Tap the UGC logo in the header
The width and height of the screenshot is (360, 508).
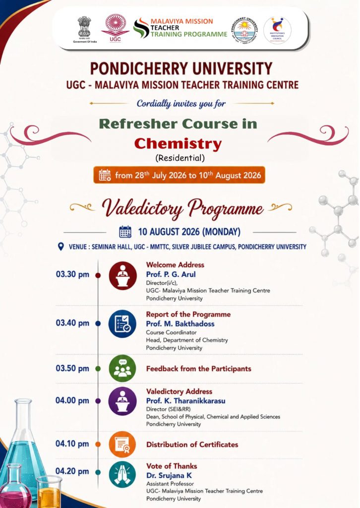(115, 28)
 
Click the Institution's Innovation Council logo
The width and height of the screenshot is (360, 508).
(277, 30)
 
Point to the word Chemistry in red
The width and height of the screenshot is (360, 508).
(178, 144)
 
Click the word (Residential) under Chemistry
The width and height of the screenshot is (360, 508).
(180, 158)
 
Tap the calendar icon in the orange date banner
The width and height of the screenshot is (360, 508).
(105, 175)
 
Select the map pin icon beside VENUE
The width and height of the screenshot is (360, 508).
(60, 247)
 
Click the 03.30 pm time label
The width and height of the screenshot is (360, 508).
(72, 274)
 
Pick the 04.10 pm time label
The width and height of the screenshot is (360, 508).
(72, 444)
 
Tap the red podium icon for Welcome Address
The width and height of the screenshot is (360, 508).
(122, 275)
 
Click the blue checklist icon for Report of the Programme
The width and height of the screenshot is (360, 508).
(122, 323)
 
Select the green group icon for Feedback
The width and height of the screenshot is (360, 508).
(122, 369)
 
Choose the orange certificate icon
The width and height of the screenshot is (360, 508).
(122, 444)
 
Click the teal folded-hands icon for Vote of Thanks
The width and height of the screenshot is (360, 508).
(122, 475)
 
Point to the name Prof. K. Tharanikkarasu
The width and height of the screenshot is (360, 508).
(186, 401)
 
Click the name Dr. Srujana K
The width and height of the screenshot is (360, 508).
(169, 476)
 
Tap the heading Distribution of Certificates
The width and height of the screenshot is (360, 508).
(192, 444)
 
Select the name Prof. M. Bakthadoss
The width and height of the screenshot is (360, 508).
(180, 323)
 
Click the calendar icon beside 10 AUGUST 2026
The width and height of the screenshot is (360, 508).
(125, 232)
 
